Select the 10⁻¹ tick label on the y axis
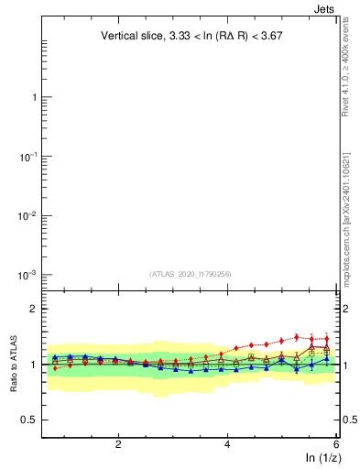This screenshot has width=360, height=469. pyautogui.click(x=27, y=157)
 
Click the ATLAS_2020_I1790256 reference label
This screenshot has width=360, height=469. pyautogui.click(x=191, y=273)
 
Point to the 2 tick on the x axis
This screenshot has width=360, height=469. pyautogui.click(x=118, y=445)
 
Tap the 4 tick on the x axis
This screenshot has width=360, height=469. pyautogui.click(x=227, y=445)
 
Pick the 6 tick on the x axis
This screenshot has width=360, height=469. pyautogui.click(x=336, y=445)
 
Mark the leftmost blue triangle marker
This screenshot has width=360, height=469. pyautogui.click(x=55, y=357)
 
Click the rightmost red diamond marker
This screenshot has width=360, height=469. pyautogui.click(x=326, y=339)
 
